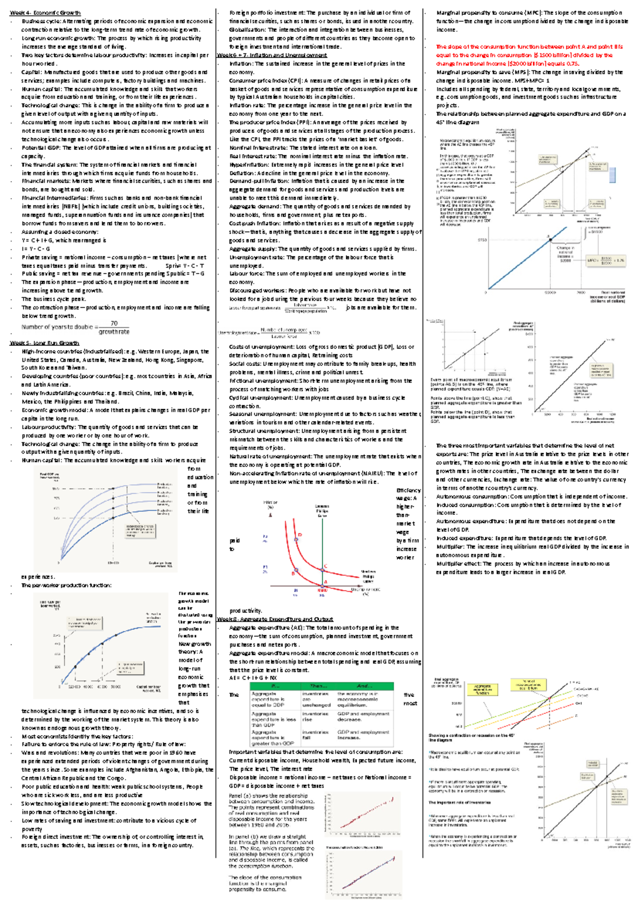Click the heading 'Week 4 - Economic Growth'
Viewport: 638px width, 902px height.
point(45,13)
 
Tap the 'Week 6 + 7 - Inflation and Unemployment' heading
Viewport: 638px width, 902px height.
point(272,55)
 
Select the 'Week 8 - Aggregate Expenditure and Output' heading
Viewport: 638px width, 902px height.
point(275,619)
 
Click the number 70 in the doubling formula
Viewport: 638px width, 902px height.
point(114,324)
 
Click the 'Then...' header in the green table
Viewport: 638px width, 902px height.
point(318,686)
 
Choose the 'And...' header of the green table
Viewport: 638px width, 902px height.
point(365,686)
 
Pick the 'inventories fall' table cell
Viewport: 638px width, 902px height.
point(315,735)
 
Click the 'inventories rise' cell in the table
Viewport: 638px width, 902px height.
point(315,717)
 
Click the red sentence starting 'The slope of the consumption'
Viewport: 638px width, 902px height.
point(529,55)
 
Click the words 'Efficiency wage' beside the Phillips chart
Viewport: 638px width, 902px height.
point(408,494)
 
